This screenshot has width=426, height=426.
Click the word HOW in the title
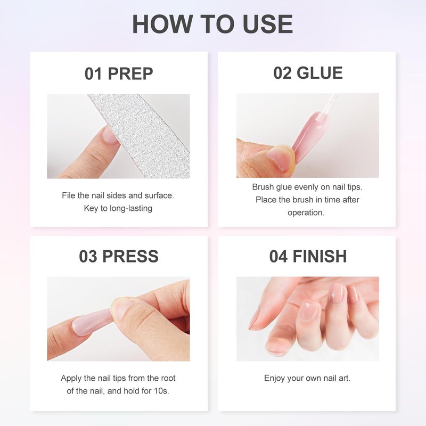(x=162, y=24)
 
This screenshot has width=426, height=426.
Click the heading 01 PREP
(x=119, y=73)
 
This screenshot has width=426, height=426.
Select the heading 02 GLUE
(x=308, y=73)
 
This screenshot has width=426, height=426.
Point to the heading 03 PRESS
(x=119, y=256)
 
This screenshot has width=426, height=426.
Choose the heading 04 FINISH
(x=308, y=256)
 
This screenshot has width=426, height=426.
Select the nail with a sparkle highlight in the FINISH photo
(x=335, y=293)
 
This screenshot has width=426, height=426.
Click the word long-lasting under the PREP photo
(x=131, y=208)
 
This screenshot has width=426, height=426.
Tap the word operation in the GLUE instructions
(x=306, y=212)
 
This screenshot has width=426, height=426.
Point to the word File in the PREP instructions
(x=69, y=195)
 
